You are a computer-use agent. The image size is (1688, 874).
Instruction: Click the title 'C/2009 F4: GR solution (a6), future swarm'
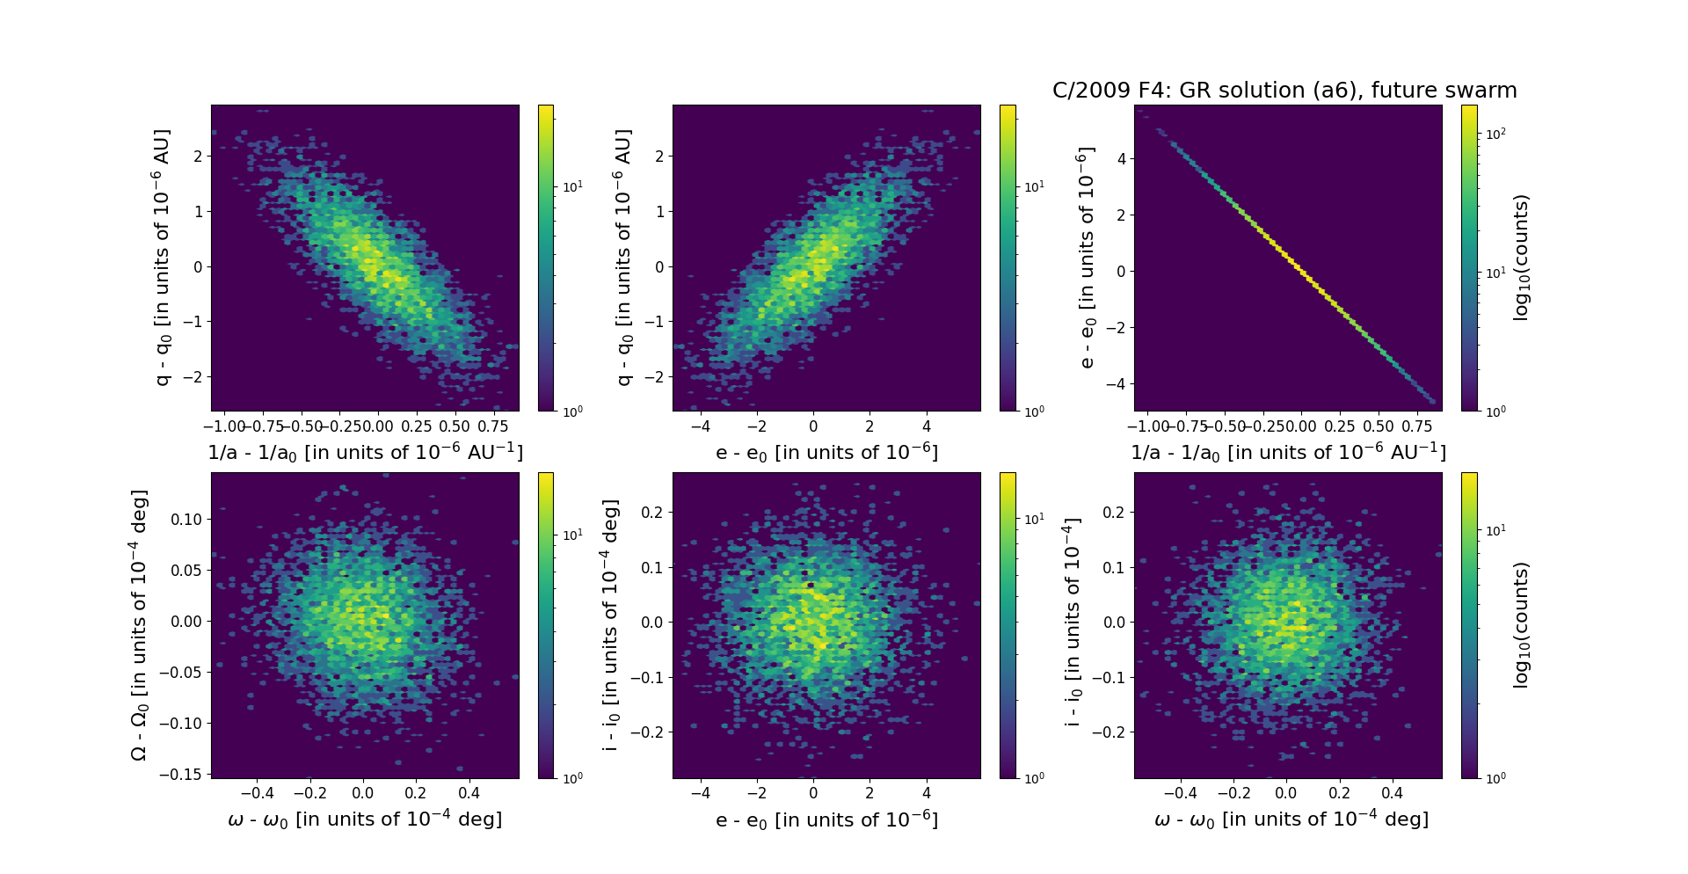[1284, 91]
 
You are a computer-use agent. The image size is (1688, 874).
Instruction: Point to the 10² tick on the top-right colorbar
[1495, 134]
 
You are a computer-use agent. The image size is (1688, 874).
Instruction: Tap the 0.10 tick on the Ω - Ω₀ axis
[186, 519]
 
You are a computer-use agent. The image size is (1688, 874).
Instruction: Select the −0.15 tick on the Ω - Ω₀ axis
[180, 774]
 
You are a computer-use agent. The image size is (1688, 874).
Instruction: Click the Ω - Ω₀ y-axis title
[139, 625]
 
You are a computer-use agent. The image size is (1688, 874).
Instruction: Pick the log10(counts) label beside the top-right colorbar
[1522, 258]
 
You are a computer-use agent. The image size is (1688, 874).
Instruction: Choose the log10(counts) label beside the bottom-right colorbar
[1522, 625]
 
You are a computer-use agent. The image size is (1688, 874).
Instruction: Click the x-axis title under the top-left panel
[365, 452]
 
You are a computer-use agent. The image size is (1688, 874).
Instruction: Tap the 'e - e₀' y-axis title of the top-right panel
[1087, 258]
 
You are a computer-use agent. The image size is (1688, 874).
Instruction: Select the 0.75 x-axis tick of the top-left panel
[493, 426]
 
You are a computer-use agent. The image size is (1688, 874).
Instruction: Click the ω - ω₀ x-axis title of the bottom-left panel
[365, 819]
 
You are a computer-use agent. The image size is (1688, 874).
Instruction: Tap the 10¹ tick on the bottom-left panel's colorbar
[572, 535]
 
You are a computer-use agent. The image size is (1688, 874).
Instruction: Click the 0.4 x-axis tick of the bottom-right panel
[1392, 793]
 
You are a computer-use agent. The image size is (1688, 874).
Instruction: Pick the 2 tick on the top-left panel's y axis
[198, 157]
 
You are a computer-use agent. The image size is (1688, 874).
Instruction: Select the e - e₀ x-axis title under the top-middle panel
[826, 452]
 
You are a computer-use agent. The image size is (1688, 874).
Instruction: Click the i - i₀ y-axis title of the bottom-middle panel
[610, 625]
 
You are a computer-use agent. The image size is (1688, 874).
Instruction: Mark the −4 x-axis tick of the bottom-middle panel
[700, 793]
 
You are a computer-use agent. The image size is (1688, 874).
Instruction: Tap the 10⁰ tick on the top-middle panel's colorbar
[1034, 411]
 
